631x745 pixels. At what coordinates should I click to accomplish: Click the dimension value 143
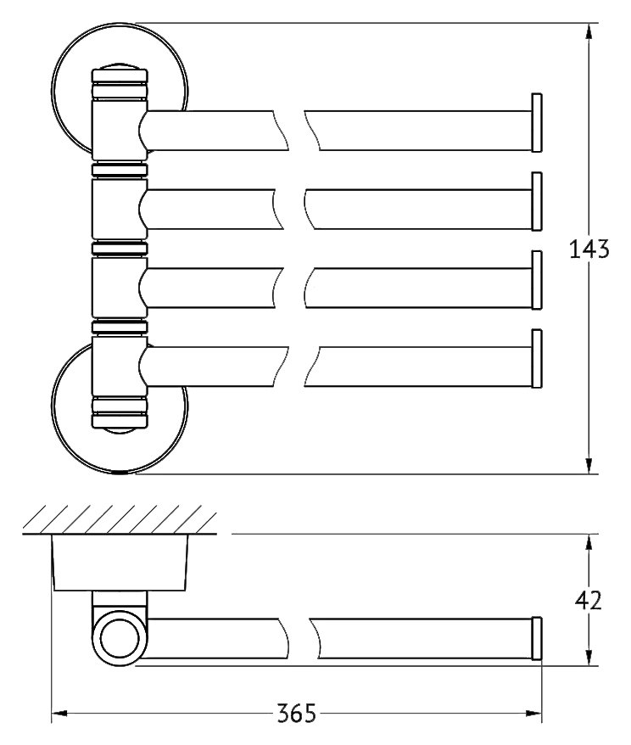point(589,249)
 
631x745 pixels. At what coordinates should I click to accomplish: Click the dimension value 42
point(589,600)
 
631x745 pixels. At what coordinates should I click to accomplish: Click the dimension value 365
point(296,713)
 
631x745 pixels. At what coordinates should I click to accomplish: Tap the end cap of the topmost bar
point(537,122)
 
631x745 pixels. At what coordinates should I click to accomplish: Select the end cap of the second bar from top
point(537,201)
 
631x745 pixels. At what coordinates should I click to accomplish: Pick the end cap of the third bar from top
point(537,280)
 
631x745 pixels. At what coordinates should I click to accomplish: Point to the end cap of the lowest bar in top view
point(537,358)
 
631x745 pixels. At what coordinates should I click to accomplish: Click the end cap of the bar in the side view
point(537,638)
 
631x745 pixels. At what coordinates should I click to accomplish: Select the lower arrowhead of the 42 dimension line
point(589,657)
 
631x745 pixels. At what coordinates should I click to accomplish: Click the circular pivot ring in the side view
point(120,638)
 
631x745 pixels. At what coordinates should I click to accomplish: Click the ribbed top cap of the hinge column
point(120,85)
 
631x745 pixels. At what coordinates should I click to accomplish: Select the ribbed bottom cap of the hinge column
point(120,412)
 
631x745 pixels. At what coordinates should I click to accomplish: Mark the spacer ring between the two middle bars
point(120,249)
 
